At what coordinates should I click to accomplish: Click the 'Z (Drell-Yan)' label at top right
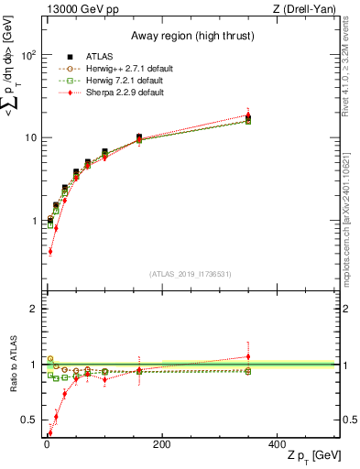308,9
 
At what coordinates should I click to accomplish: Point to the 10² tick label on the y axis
27,55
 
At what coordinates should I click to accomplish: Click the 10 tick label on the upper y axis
28,137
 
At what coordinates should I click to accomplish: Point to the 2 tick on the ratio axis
31,309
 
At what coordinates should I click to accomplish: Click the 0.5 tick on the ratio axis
27,420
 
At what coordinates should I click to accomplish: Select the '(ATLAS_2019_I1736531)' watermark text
191,274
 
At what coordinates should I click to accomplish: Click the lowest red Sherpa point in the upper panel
49,250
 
